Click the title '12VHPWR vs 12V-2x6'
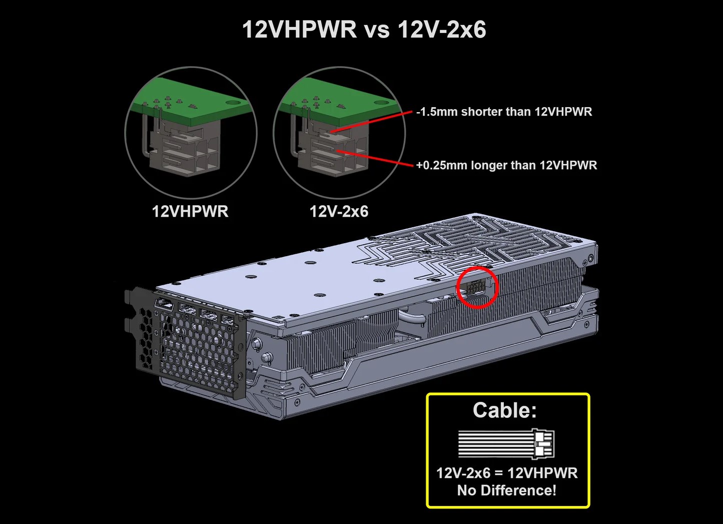tap(364, 30)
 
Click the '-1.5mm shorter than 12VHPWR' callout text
tap(504, 112)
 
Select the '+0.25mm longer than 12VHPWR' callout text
tap(506, 165)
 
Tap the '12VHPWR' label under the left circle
tap(190, 211)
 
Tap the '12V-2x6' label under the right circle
tap(339, 211)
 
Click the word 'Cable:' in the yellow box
tap(505, 410)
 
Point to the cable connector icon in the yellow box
tap(506, 444)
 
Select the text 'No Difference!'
tap(507, 490)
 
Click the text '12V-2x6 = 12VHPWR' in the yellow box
tap(507, 473)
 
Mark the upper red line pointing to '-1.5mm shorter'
tap(373, 122)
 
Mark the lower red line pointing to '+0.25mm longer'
tap(375, 157)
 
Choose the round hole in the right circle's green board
tap(382, 103)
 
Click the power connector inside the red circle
tap(476, 288)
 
